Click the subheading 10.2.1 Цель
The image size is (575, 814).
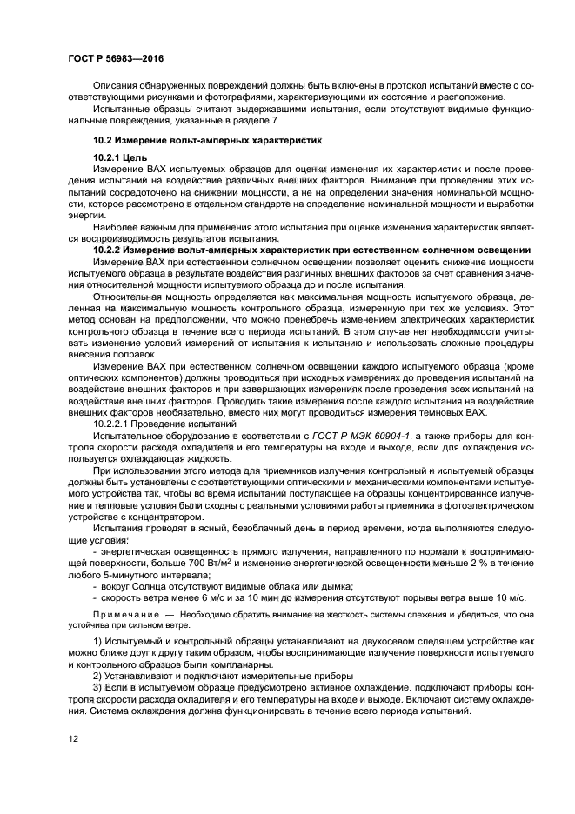tap(120, 157)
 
